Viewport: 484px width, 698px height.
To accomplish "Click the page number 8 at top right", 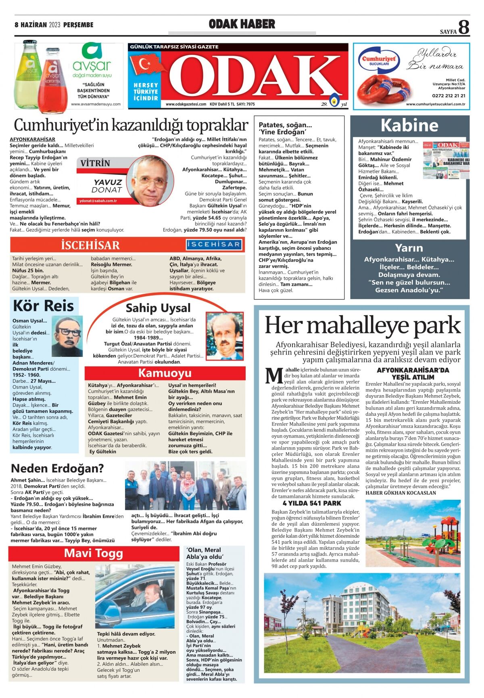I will [x=464, y=27].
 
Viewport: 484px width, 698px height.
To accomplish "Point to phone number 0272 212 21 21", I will [x=449, y=96].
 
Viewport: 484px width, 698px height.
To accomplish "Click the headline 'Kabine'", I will [x=409, y=126].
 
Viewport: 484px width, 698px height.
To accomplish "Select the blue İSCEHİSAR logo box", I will [x=214, y=245].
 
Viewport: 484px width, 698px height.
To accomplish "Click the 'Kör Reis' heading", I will [x=44, y=306].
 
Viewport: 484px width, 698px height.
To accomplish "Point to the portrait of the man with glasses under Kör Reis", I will [x=67, y=336].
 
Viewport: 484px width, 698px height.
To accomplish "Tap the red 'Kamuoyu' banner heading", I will [x=165, y=373].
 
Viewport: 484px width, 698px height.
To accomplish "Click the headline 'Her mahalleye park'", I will [x=362, y=325].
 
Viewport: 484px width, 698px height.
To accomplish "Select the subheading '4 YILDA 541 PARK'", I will [x=312, y=503].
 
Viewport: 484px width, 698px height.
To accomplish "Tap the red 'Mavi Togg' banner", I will [x=94, y=553].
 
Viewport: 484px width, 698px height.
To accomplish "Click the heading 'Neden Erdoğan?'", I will [x=57, y=469].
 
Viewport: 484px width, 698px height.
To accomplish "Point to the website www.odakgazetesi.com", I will [x=186, y=104].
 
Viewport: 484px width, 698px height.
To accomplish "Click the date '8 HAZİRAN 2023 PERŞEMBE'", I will [x=54, y=25].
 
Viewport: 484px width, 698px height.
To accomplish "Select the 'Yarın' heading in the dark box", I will [x=409, y=248].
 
